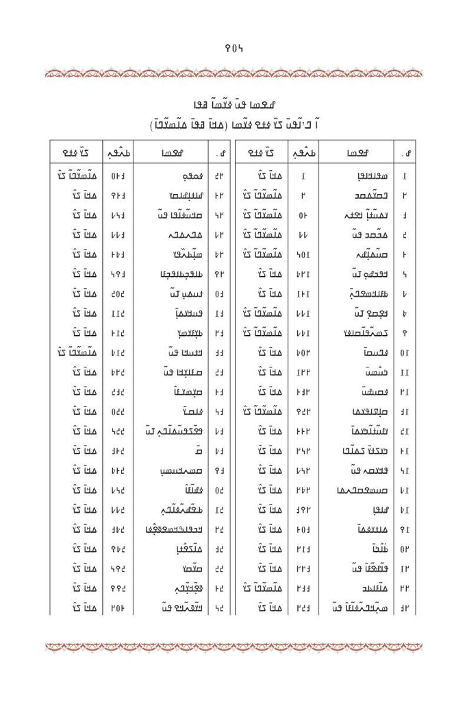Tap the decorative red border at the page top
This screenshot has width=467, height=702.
pos(233,70)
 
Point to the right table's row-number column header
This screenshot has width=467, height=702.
pos(403,152)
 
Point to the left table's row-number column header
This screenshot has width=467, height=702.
pos(220,152)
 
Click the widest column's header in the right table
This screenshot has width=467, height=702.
pos(357,152)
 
